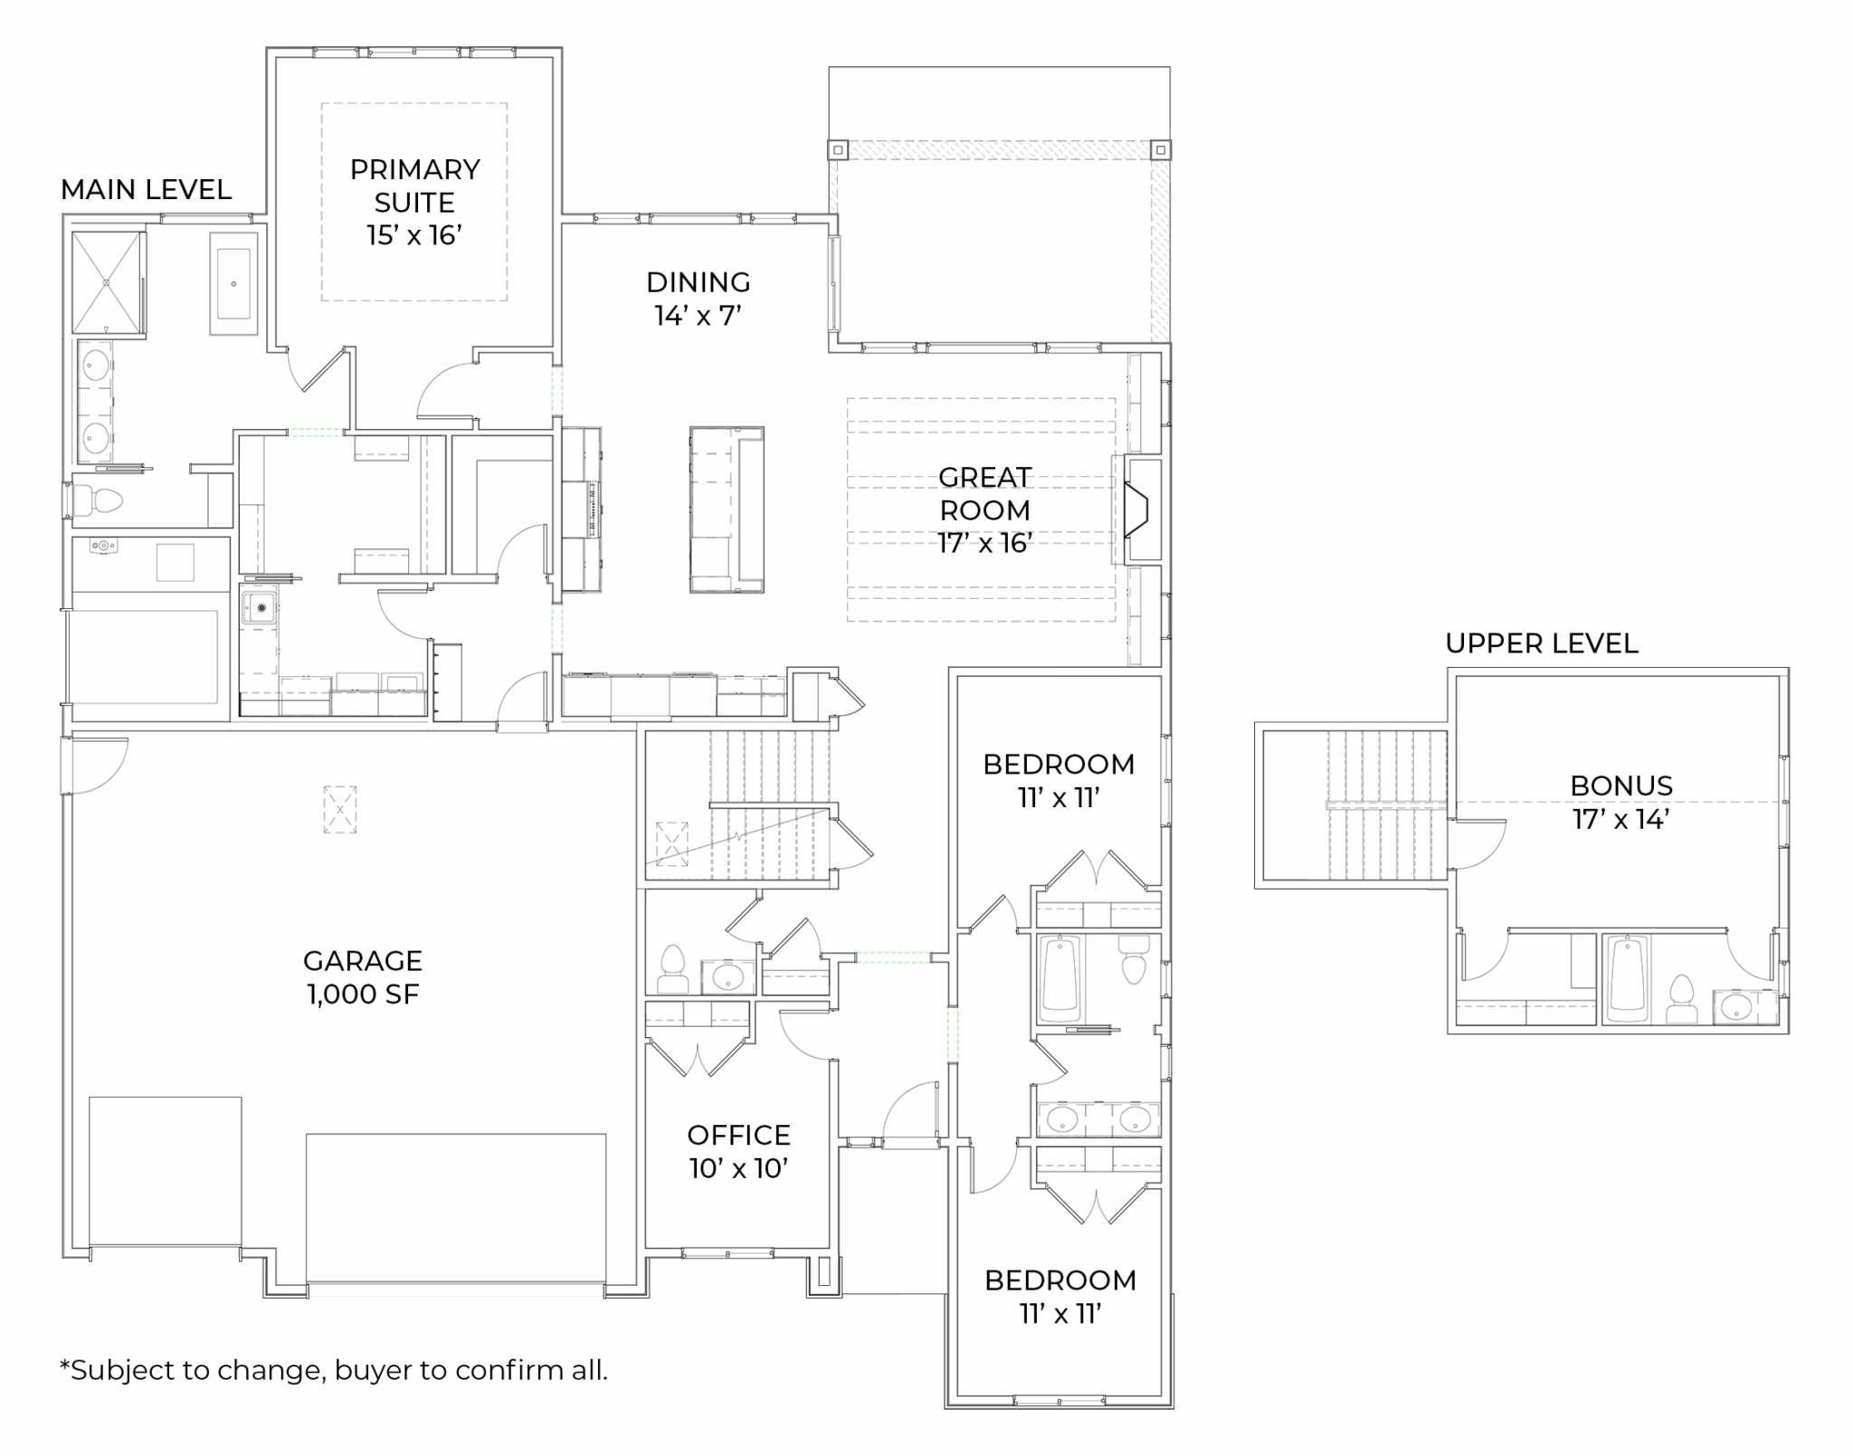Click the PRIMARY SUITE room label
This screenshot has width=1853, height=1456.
(x=414, y=202)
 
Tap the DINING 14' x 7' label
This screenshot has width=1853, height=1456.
(x=698, y=299)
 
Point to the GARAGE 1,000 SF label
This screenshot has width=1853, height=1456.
(x=363, y=977)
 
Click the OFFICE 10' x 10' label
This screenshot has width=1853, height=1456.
(x=739, y=1152)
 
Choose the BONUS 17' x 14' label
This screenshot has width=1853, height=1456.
(x=1621, y=802)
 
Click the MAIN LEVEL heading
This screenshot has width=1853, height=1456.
(x=146, y=189)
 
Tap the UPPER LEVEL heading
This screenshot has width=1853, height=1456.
(x=1542, y=643)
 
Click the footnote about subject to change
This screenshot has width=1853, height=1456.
(x=334, y=1370)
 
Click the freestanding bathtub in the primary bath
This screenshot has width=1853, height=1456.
(x=233, y=283)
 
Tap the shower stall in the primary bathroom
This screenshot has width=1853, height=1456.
(x=108, y=283)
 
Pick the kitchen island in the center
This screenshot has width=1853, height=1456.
(x=727, y=509)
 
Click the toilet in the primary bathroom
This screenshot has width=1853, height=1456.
(x=100, y=500)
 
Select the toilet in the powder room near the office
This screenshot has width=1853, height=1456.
(x=672, y=970)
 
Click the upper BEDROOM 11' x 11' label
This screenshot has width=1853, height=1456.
(x=1059, y=780)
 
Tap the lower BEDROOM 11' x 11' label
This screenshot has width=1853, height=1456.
(x=1060, y=1296)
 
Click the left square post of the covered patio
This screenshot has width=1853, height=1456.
(x=839, y=149)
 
